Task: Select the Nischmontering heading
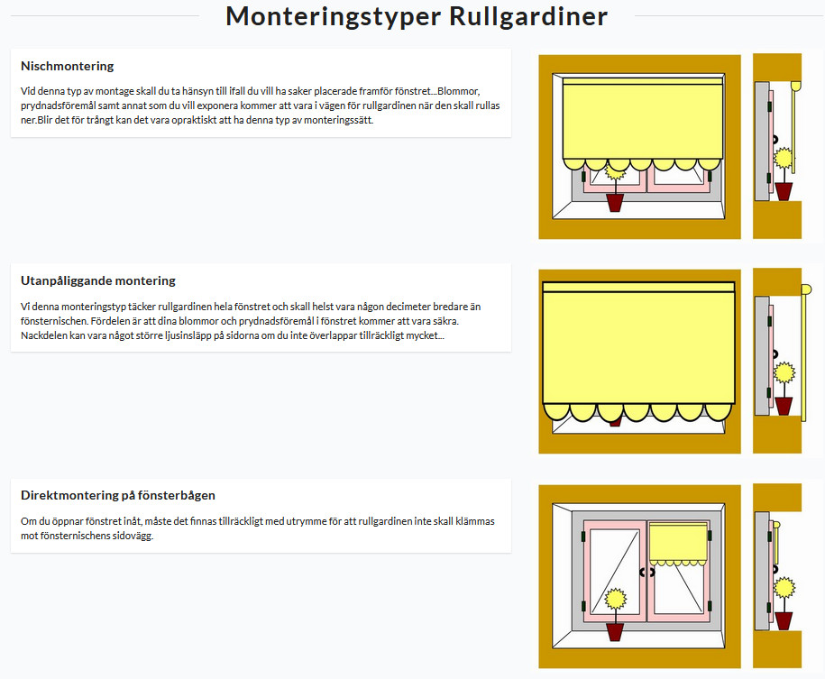[67, 66]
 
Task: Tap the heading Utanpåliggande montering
[98, 280]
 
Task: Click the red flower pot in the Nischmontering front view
[615, 202]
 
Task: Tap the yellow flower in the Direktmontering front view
[615, 600]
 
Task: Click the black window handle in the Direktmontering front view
[646, 572]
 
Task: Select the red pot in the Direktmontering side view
[784, 620]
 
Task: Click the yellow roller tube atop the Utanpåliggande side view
[805, 289]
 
